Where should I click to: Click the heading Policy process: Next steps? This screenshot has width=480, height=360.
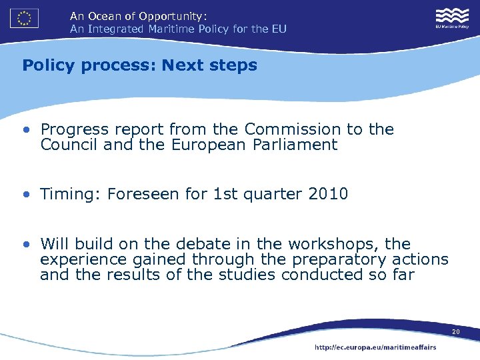(139, 65)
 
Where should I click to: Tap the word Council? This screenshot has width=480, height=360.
(69, 145)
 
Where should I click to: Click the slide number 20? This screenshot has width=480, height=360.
(455, 332)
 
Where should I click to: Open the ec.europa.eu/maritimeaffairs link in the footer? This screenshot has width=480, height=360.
(375, 347)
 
